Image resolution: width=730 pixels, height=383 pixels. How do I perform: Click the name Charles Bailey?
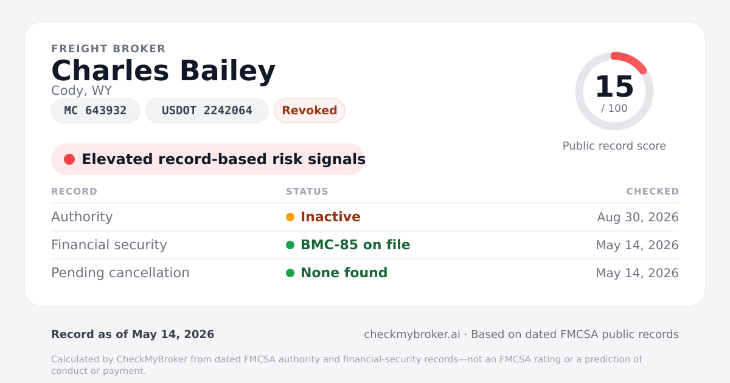pyautogui.click(x=163, y=71)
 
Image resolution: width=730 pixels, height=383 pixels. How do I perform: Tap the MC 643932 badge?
pyautogui.click(x=96, y=111)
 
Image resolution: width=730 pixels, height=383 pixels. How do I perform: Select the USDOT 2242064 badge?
pyautogui.click(x=207, y=111)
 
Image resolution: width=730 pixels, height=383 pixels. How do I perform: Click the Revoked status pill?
pyautogui.click(x=310, y=111)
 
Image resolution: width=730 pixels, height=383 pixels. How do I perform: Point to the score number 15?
pyautogui.click(x=614, y=86)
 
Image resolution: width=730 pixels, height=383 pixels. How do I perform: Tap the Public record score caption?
pyautogui.click(x=614, y=146)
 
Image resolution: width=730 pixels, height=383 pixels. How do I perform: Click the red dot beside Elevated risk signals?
pyautogui.click(x=69, y=159)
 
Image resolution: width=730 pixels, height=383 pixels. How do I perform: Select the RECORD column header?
pyautogui.click(x=74, y=191)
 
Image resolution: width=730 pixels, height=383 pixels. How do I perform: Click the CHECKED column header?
pyautogui.click(x=653, y=191)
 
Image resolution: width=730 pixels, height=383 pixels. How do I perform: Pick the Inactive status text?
pyautogui.click(x=330, y=217)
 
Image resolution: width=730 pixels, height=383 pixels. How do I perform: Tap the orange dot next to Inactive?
pyautogui.click(x=290, y=217)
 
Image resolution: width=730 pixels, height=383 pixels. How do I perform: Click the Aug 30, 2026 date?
pyautogui.click(x=638, y=217)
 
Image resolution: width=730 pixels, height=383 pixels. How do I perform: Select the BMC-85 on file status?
pyautogui.click(x=355, y=245)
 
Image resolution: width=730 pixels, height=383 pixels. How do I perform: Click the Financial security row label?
pyautogui.click(x=109, y=245)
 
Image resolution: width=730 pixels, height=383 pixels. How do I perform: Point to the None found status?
pyautogui.click(x=344, y=273)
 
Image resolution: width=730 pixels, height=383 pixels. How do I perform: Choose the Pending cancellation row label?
pyautogui.click(x=120, y=273)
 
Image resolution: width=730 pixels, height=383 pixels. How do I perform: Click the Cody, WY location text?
pyautogui.click(x=82, y=91)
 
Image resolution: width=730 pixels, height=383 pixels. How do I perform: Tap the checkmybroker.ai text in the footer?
pyautogui.click(x=412, y=334)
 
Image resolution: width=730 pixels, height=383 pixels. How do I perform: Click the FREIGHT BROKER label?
pyautogui.click(x=108, y=49)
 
